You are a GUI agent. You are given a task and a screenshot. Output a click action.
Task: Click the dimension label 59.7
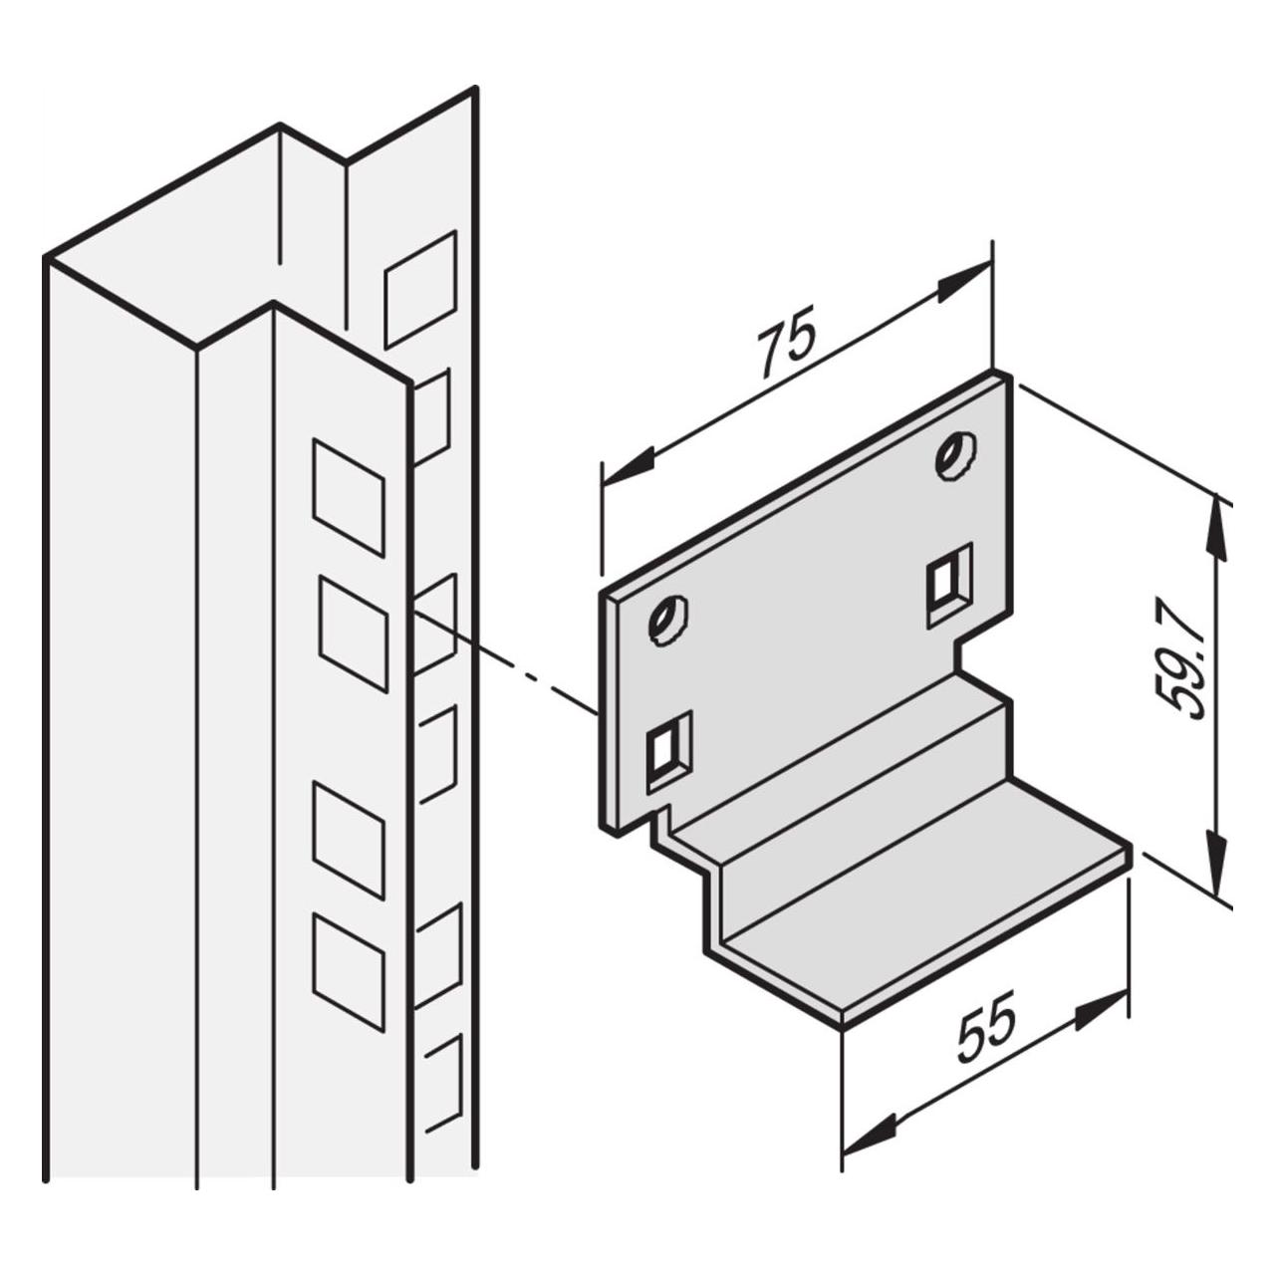(1181, 658)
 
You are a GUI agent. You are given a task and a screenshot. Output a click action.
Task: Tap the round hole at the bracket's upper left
(667, 620)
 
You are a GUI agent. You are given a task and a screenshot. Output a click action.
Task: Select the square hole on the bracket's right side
(949, 583)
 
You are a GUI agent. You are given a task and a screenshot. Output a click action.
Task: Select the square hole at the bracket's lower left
(669, 751)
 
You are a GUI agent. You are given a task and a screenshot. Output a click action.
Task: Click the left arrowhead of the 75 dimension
(630, 465)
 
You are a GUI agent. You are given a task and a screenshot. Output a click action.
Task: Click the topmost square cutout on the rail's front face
(349, 498)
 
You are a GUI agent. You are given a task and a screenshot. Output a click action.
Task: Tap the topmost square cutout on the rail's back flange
(421, 289)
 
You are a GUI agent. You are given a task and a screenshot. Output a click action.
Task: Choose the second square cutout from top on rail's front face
(354, 634)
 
